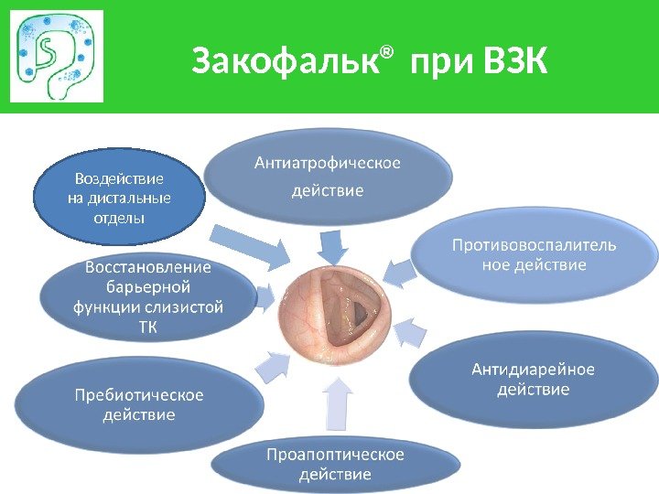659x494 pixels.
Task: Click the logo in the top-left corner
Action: (57, 57)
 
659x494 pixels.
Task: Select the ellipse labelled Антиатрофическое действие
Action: (327, 177)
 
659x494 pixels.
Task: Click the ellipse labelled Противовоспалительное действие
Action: (535, 255)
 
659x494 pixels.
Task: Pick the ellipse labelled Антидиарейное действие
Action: (533, 381)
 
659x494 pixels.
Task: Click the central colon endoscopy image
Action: (333, 315)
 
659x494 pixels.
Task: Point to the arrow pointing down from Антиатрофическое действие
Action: (332, 245)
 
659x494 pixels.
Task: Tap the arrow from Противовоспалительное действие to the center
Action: (398, 269)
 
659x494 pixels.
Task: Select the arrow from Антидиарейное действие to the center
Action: (413, 333)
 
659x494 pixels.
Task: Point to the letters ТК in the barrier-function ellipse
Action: (147, 328)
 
